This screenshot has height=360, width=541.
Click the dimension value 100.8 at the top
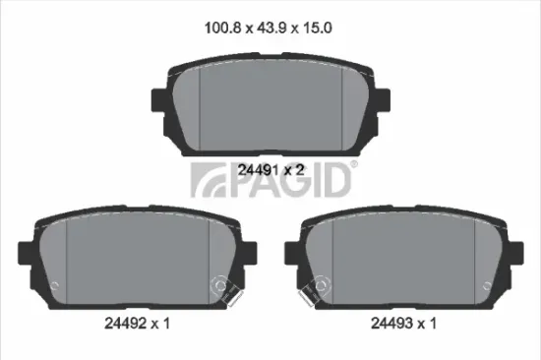pyautogui.click(x=222, y=28)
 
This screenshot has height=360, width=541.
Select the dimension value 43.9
pyautogui.click(x=271, y=28)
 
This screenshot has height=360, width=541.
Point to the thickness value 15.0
pyautogui.click(x=318, y=28)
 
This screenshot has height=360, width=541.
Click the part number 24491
pyautogui.click(x=259, y=170)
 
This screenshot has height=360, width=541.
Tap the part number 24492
pyautogui.click(x=125, y=324)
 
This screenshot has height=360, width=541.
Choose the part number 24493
pyautogui.click(x=391, y=324)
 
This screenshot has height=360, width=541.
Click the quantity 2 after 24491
pyautogui.click(x=300, y=170)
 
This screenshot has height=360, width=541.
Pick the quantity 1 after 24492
pyautogui.click(x=166, y=324)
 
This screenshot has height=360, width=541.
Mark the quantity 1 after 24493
pyautogui.click(x=433, y=324)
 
